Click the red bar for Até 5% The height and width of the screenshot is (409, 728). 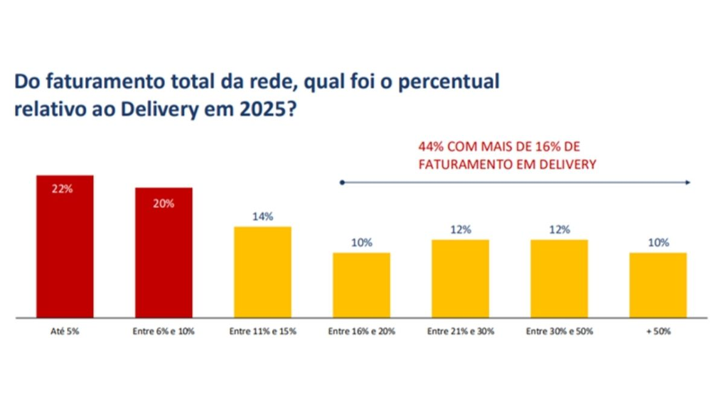[65, 246]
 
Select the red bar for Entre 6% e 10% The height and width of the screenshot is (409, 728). [164, 253]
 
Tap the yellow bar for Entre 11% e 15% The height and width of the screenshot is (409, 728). [263, 272]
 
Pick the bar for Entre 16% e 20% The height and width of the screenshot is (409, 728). [362, 285]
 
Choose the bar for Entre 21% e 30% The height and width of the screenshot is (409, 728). [461, 278]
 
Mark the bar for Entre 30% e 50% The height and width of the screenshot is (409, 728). [560, 278]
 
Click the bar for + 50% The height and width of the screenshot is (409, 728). [658, 285]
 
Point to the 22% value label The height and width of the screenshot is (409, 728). [63, 189]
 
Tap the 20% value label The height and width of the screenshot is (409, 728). [164, 204]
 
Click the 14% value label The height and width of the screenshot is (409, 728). [263, 217]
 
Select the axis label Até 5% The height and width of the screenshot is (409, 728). [65, 332]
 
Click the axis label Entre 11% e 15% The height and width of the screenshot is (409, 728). [263, 332]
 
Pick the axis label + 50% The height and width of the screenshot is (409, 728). [658, 332]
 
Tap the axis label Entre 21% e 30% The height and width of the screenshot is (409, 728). [461, 332]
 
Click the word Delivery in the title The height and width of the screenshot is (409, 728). [159, 110]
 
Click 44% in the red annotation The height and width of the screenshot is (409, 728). [431, 147]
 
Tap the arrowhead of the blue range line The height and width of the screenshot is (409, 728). [688, 182]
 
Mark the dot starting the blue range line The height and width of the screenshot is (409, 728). [342, 182]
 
